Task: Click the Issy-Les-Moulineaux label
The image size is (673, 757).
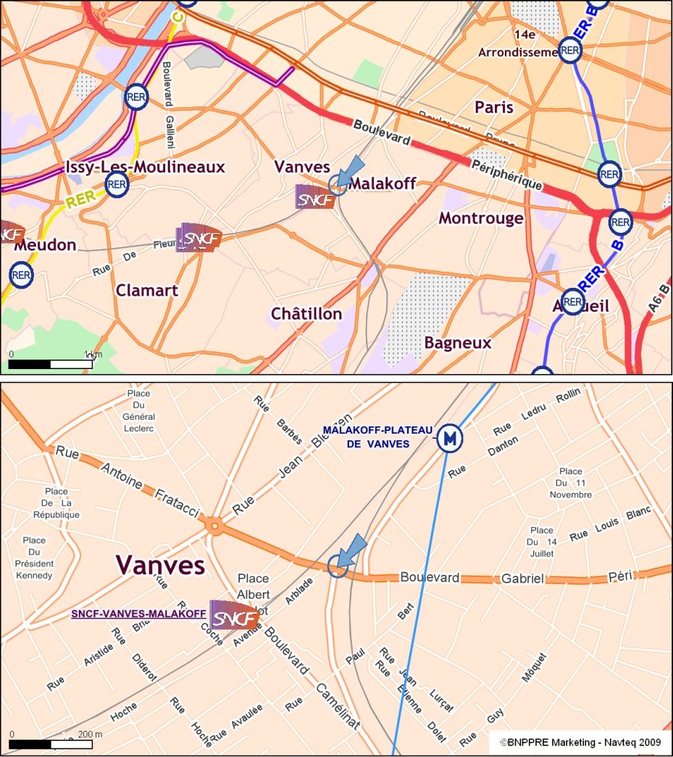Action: (x=145, y=167)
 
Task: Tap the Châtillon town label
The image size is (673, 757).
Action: (x=306, y=314)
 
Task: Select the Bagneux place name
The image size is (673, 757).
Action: (x=458, y=343)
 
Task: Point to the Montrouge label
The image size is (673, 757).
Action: (x=481, y=218)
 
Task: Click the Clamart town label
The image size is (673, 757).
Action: (x=147, y=290)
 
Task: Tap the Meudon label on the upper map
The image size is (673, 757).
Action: (x=45, y=245)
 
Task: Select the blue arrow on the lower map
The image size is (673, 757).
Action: (x=352, y=551)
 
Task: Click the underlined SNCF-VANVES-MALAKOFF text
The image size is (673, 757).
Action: (x=138, y=613)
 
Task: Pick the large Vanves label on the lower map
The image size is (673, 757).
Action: (x=160, y=564)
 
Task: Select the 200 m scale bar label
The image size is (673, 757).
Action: (x=88, y=735)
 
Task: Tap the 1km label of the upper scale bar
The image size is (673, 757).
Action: (x=91, y=354)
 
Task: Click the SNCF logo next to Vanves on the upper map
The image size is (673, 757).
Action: (x=316, y=197)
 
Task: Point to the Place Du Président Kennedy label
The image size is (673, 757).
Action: (x=34, y=558)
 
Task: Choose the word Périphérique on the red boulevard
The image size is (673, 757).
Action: (x=506, y=173)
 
